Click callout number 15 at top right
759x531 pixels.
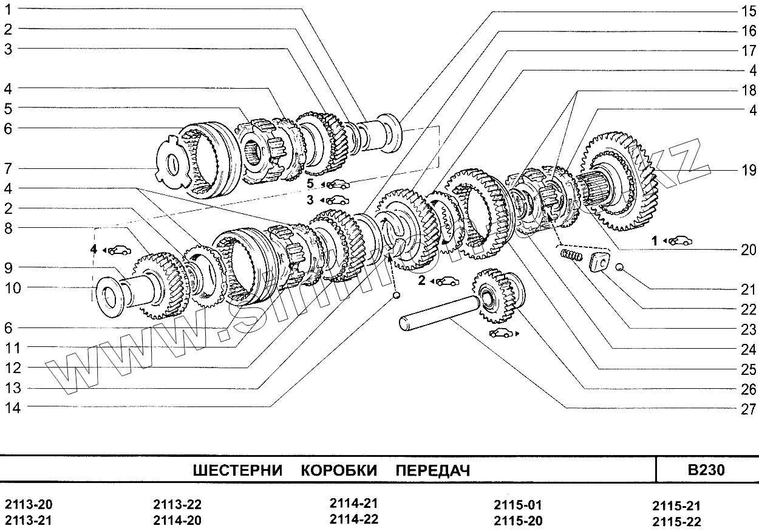747,10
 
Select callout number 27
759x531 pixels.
747,408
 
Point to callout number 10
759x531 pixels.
13,287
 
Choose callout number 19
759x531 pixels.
747,171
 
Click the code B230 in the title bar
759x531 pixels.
706,470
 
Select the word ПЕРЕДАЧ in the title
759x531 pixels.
432,471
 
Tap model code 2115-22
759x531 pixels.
676,521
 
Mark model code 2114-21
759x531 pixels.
354,504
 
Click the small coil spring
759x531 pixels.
570,256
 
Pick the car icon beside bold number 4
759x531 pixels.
120,249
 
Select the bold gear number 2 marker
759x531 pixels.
421,281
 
